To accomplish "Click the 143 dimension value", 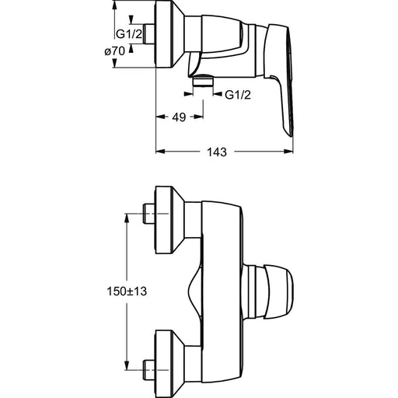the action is pyautogui.click(x=217, y=152).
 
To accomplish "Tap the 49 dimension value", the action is pyautogui.click(x=179, y=117).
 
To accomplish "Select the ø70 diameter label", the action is pyautogui.click(x=114, y=51).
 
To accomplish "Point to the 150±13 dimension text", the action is pyautogui.click(x=127, y=292).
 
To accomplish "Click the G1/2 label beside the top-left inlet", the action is pyautogui.click(x=129, y=34).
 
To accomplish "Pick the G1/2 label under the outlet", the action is pyautogui.click(x=238, y=95).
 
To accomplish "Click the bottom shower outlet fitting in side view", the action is pyautogui.click(x=203, y=80).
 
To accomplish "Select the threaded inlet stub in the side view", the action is pyautogui.click(x=149, y=34).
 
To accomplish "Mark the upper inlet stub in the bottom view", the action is pyautogui.click(x=149, y=214).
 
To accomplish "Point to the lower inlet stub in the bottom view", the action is pyautogui.click(x=149, y=370).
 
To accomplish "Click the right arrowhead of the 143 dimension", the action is pyautogui.click(x=288, y=152).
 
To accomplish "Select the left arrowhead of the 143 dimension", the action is pyautogui.click(x=160, y=152).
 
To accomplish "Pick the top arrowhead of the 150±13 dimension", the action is pyautogui.click(x=127, y=218).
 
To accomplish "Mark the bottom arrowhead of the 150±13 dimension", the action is pyautogui.click(x=127, y=365).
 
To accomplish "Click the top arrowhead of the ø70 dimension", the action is pyautogui.click(x=114, y=5).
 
